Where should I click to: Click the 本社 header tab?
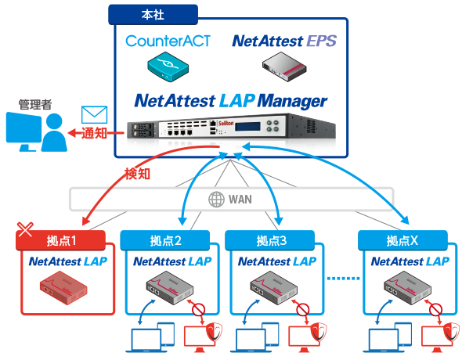click(x=153, y=14)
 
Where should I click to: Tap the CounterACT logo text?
click(x=168, y=41)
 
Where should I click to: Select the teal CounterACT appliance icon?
click(x=168, y=67)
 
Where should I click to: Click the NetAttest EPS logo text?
click(x=284, y=41)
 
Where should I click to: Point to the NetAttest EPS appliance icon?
click(x=284, y=67)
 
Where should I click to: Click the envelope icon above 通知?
click(x=94, y=115)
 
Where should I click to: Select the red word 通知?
click(x=94, y=133)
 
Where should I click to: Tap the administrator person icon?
click(x=54, y=132)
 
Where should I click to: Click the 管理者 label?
click(x=35, y=105)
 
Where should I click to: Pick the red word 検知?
click(x=137, y=174)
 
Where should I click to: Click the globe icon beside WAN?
click(x=217, y=200)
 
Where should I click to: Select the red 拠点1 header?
click(x=61, y=240)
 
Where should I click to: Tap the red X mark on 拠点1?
click(x=25, y=229)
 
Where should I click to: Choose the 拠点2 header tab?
click(x=165, y=240)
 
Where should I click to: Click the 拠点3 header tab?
click(x=270, y=240)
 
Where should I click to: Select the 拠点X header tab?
click(x=402, y=240)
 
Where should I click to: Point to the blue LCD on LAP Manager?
click(x=247, y=126)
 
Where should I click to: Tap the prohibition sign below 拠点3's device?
click(x=302, y=310)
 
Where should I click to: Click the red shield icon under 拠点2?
click(x=215, y=332)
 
